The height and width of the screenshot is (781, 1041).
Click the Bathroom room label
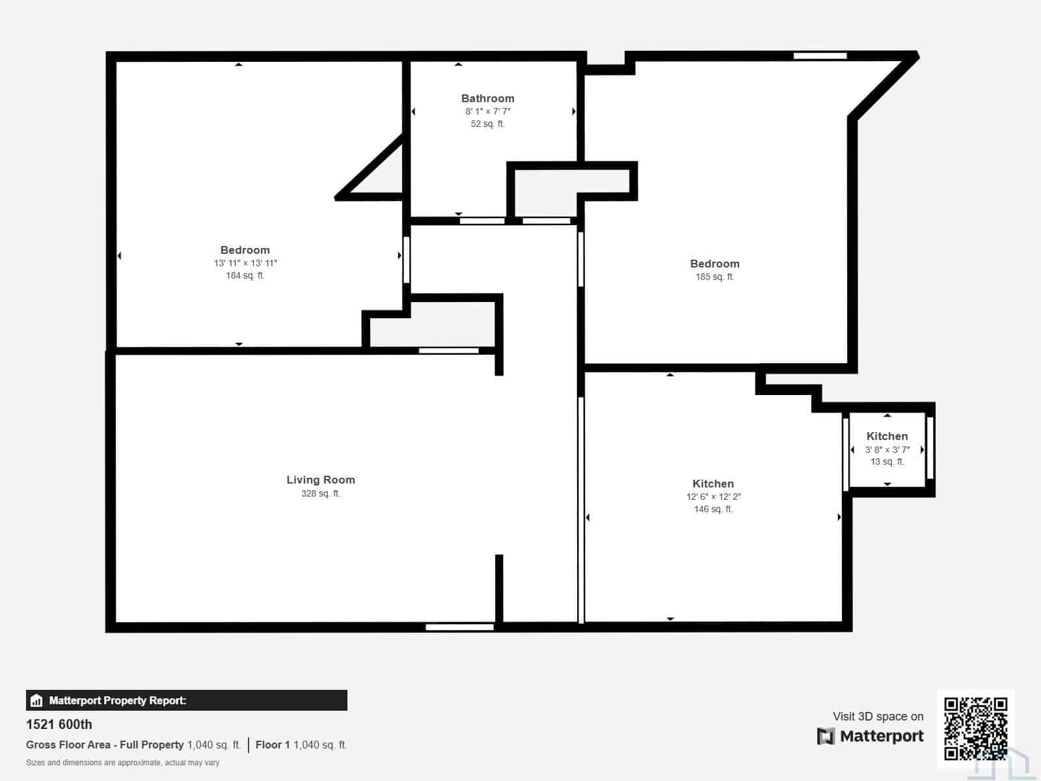tap(487, 98)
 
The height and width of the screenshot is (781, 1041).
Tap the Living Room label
tap(321, 480)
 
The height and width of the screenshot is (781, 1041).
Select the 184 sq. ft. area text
tap(245, 275)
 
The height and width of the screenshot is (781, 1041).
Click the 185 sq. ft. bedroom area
tap(714, 277)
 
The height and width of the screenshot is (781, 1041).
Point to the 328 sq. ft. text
tap(321, 493)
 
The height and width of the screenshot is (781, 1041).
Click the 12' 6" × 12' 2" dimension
tap(713, 497)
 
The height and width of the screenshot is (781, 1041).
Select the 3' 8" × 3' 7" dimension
tap(887, 449)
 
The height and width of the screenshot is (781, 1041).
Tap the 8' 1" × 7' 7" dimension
tap(487, 111)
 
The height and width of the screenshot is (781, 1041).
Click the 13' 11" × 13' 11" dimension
tap(245, 263)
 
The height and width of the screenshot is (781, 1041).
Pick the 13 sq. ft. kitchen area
tap(887, 461)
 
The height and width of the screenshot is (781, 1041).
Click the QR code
tap(975, 728)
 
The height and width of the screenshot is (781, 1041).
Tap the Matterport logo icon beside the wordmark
tap(826, 736)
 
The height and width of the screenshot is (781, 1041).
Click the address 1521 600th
tap(59, 724)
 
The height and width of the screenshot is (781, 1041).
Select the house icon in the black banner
tap(36, 700)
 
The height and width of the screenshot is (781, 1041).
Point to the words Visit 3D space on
tap(878, 716)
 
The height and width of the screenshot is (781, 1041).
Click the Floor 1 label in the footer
tap(273, 745)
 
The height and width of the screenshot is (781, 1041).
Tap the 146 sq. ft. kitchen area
tap(713, 509)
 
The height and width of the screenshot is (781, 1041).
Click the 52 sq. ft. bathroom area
tap(487, 124)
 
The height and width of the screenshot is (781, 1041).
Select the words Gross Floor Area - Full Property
tap(105, 745)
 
